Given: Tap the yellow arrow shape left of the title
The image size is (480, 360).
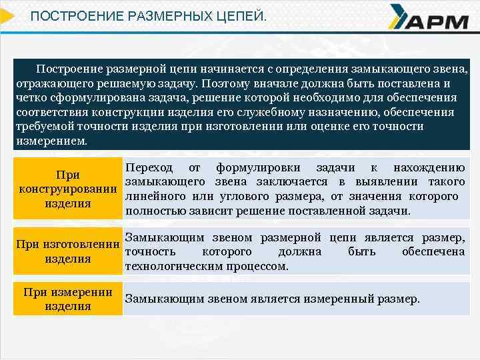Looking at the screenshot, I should pyautogui.click(x=7, y=15).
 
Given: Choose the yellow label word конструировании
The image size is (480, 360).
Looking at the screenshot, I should pyautogui.click(x=68, y=189).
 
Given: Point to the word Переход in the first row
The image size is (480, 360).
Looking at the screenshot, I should pyautogui.click(x=149, y=167).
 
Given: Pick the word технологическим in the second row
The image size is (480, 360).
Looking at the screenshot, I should pyautogui.click(x=177, y=266).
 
